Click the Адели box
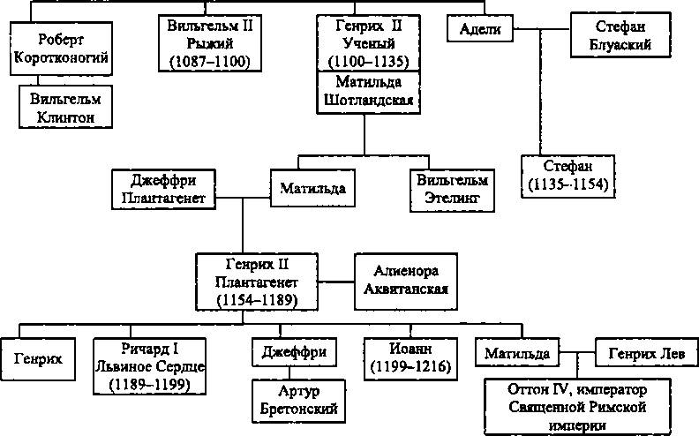[x=480, y=30]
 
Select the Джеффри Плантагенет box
[x=163, y=188]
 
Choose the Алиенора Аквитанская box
[x=402, y=280]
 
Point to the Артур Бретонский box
[x=296, y=399]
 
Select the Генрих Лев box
[x=640, y=353]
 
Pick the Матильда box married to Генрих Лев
[x=518, y=353]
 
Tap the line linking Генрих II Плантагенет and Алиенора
[x=337, y=282]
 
